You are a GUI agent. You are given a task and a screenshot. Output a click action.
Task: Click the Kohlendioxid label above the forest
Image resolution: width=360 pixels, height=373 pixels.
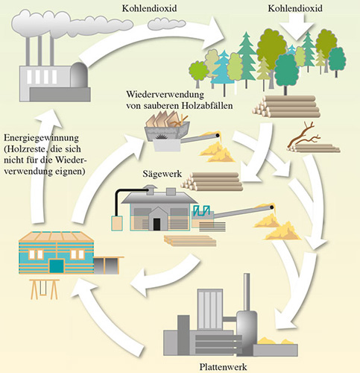click(295, 8)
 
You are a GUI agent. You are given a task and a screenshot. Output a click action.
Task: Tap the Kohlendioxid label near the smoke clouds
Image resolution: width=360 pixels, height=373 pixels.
click(149, 8)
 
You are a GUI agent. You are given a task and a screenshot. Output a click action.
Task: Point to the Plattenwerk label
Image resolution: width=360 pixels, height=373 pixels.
click(223, 367)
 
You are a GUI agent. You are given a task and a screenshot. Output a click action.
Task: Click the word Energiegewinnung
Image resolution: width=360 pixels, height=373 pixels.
click(42, 138)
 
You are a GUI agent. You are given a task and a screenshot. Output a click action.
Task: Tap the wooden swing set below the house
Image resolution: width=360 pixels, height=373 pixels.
click(45, 289)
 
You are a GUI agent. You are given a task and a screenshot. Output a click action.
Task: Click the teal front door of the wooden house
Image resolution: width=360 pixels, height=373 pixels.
click(57, 266)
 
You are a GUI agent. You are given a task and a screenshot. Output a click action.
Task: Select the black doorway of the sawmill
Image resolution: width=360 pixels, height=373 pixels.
click(157, 225)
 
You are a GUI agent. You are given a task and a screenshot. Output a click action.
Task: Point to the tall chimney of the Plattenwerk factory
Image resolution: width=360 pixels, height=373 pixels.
click(247, 292)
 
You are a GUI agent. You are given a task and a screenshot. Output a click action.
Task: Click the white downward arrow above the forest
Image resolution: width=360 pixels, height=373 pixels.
click(297, 27)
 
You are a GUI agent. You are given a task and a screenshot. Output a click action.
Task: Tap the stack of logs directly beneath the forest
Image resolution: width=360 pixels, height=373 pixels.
click(286, 107)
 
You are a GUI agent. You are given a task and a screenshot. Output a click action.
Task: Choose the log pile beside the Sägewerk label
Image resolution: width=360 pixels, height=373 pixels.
click(212, 182)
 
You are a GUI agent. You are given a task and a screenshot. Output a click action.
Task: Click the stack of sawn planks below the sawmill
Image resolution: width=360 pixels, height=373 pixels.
click(190, 241)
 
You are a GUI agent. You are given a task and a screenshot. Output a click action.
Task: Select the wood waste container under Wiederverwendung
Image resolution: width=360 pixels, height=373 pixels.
click(167, 131)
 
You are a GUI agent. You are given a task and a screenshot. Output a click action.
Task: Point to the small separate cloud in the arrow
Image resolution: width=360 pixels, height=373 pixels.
click(166, 24)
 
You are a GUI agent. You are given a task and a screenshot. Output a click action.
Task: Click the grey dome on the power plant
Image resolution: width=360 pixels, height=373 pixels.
click(79, 75)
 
